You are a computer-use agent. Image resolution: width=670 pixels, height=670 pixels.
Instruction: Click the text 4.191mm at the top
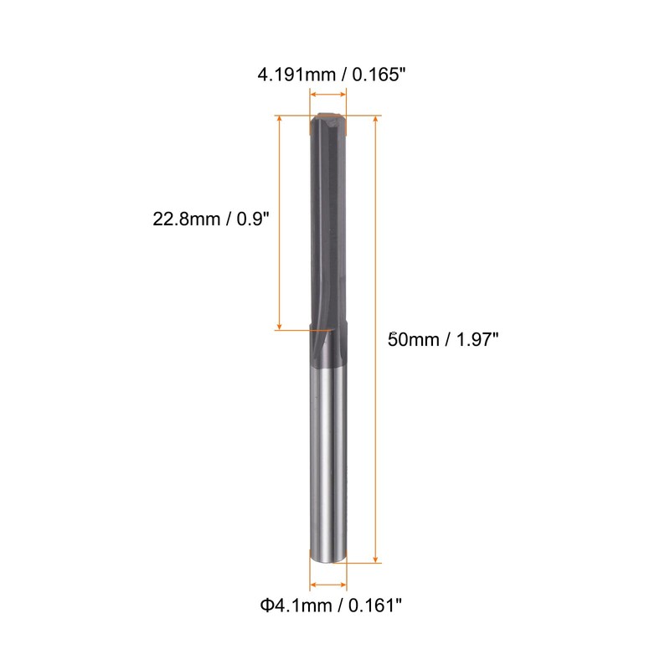click(296, 75)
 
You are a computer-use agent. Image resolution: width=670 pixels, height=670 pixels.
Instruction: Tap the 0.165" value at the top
click(379, 75)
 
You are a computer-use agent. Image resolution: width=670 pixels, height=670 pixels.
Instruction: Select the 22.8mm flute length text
click(186, 219)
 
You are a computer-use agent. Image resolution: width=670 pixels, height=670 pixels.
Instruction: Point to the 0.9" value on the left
click(253, 219)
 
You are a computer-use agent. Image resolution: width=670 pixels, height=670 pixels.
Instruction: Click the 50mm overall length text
click(413, 340)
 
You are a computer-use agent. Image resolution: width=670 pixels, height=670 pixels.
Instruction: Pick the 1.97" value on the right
click(477, 340)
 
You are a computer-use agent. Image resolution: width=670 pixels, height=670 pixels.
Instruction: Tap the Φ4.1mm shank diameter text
click(296, 606)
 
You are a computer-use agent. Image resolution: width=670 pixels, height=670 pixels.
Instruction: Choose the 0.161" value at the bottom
click(375, 606)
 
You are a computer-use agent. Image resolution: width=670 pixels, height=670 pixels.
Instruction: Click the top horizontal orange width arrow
click(328, 95)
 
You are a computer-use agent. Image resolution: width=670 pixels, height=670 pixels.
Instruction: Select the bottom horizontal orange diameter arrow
click(328, 585)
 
